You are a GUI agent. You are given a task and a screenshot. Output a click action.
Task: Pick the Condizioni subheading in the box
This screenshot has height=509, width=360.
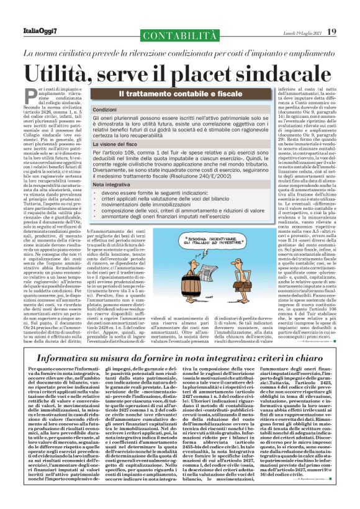[122, 109]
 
